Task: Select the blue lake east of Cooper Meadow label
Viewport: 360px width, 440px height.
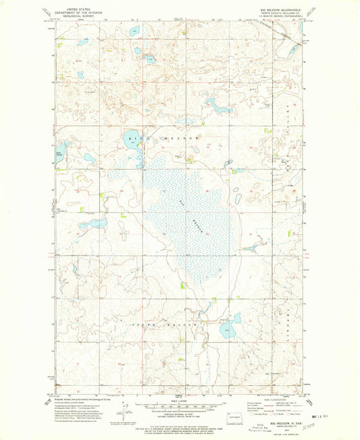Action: pyautogui.click(x=228, y=329)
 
